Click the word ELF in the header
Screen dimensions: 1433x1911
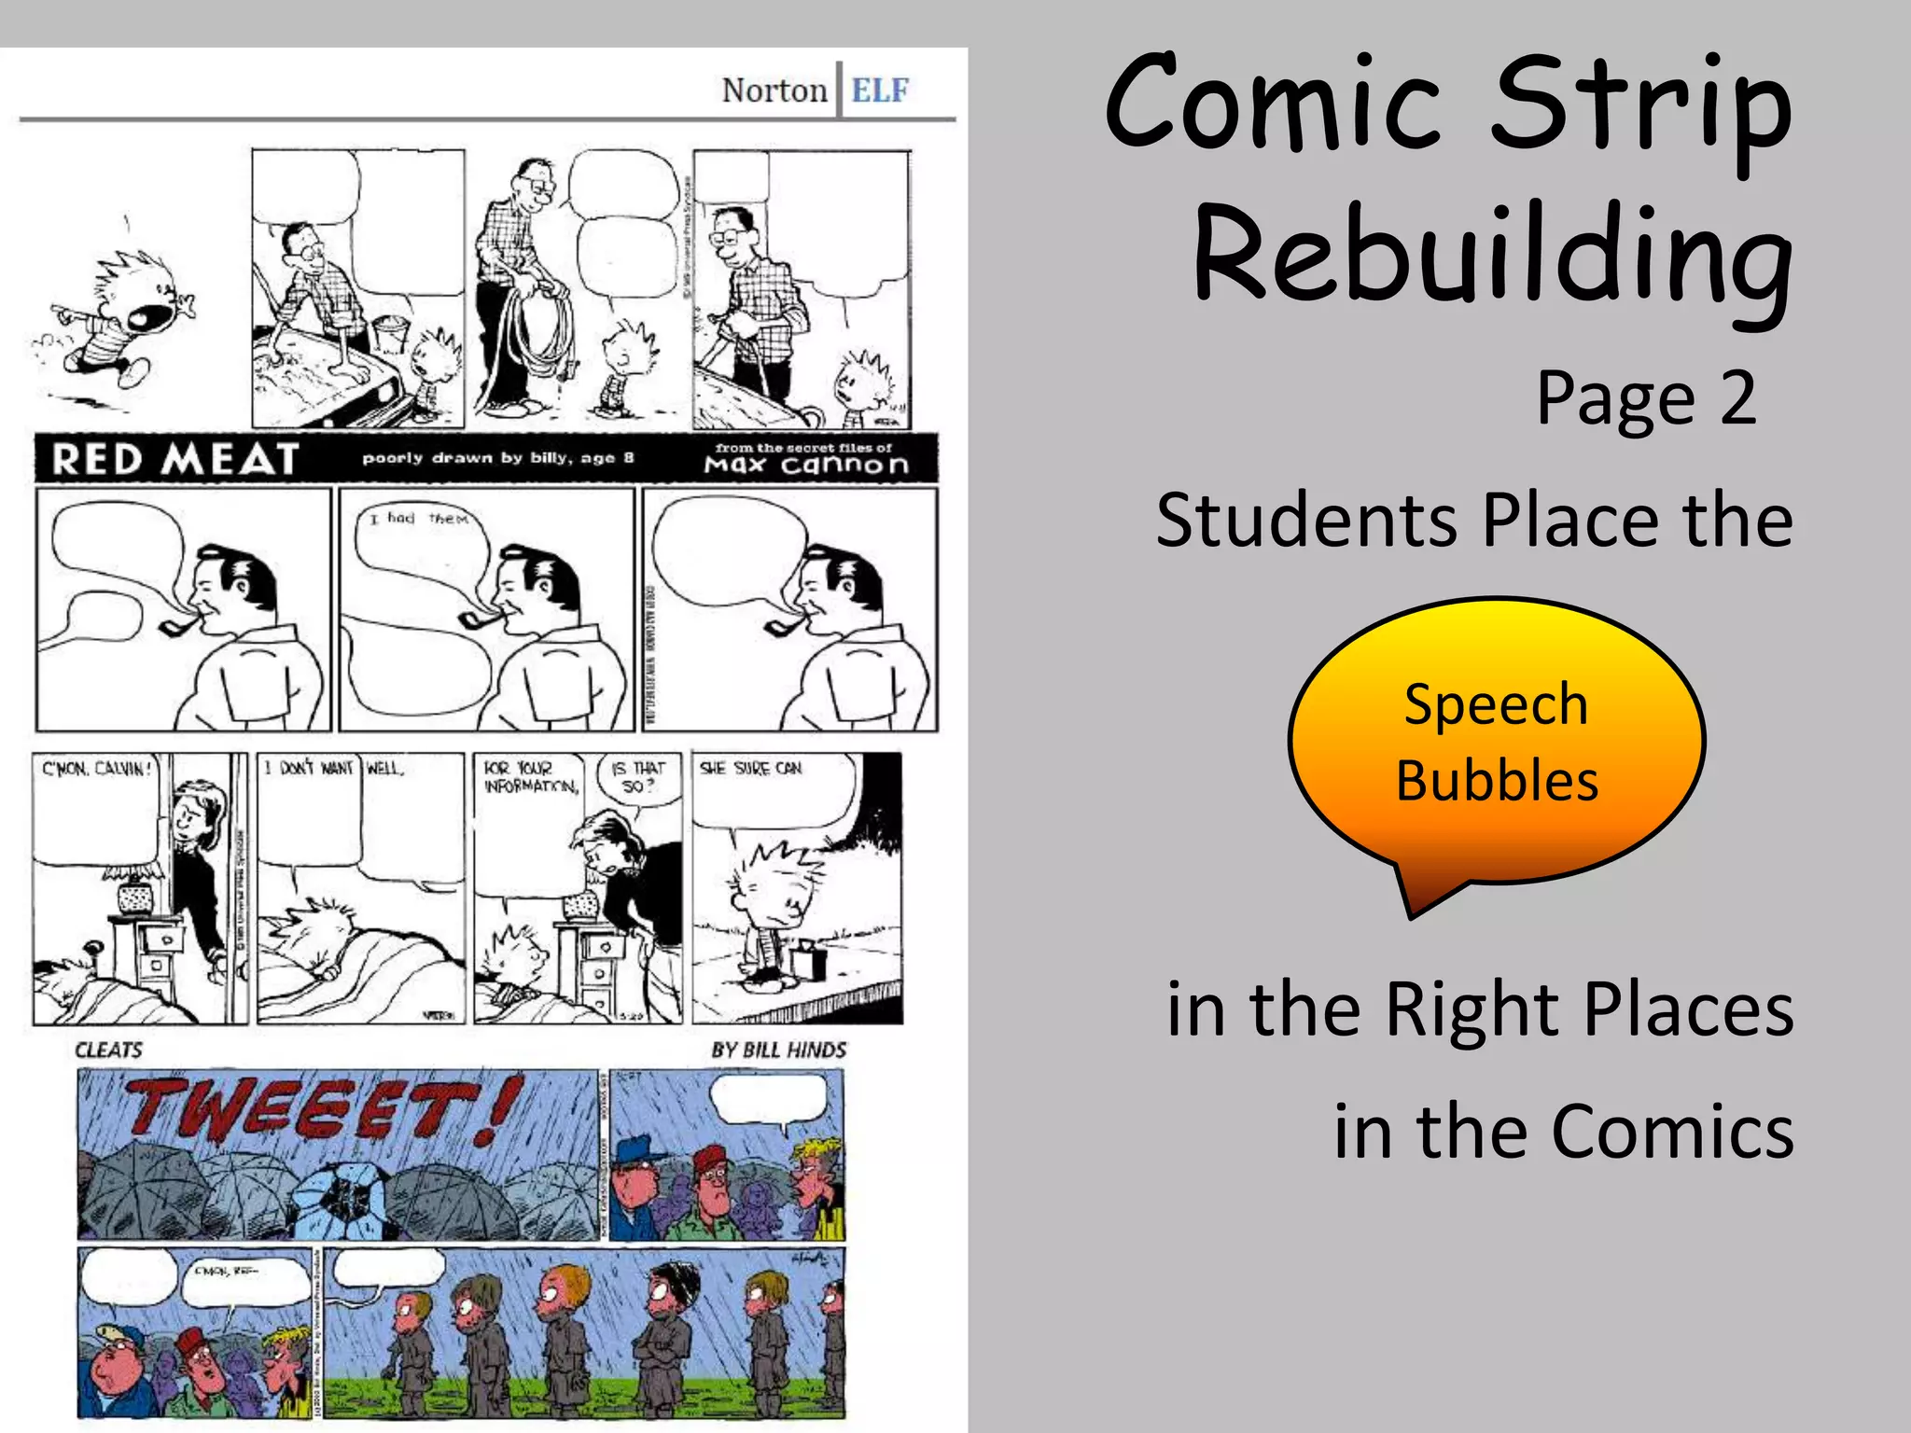click(879, 90)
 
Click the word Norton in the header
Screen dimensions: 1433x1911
click(774, 90)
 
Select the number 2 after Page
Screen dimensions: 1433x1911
click(1737, 398)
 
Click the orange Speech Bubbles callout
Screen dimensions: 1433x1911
click(1496, 743)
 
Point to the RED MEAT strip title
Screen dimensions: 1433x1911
click(175, 459)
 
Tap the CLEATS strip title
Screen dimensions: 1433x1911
click(109, 1050)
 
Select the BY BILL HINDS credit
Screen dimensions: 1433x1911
click(778, 1050)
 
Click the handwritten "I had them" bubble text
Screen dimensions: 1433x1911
click(417, 518)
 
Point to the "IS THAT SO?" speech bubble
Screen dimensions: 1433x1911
click(637, 777)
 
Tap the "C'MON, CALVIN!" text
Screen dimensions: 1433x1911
click(95, 769)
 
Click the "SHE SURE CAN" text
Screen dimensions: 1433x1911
click(750, 768)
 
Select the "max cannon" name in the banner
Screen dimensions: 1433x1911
click(806, 465)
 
